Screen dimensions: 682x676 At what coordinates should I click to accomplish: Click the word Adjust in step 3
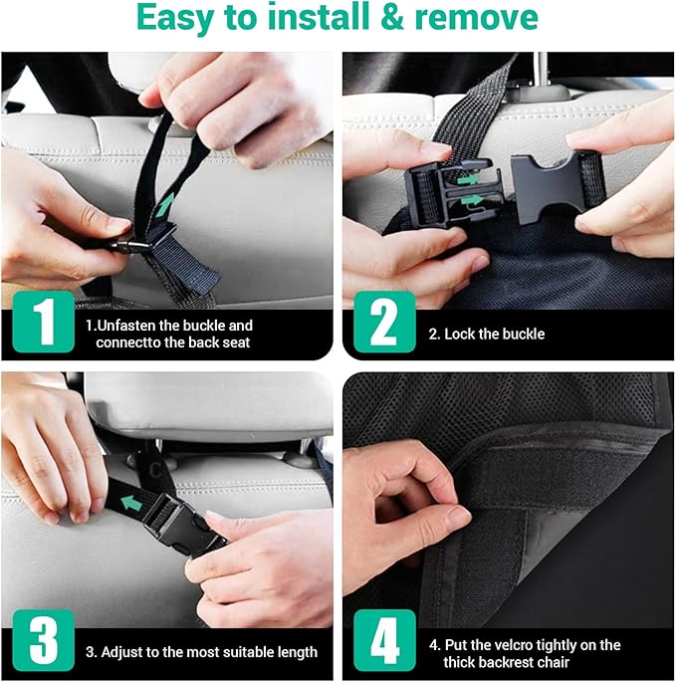tap(126, 653)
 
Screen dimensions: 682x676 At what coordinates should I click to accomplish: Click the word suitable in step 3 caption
tap(250, 653)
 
